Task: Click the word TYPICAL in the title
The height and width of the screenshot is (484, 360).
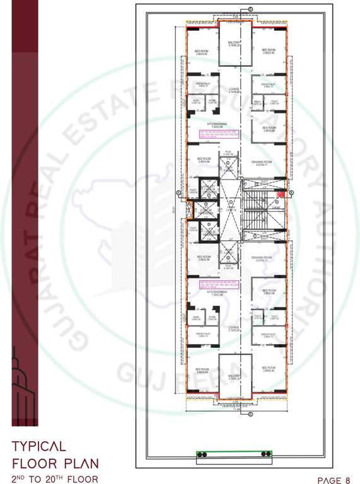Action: click(38, 446)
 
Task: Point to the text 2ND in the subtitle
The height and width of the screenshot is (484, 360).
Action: click(20, 479)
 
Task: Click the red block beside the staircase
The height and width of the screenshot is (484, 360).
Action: click(281, 195)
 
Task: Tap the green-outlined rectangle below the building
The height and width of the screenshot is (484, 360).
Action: click(235, 454)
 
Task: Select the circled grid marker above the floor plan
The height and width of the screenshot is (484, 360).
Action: click(250, 8)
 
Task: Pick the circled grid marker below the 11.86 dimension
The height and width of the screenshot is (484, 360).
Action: click(250, 413)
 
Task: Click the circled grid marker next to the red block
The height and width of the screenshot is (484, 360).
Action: click(291, 192)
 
